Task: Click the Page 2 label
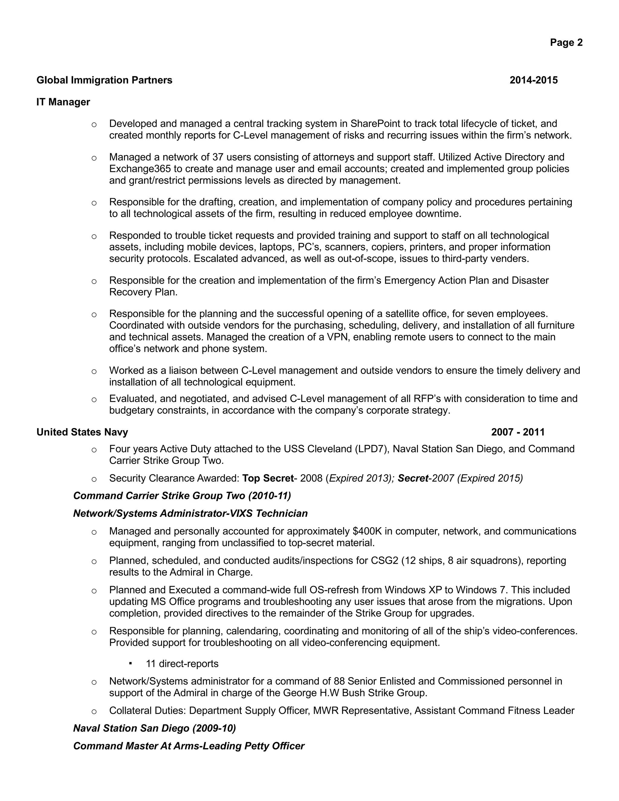pyautogui.click(x=566, y=43)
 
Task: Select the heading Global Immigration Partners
pyautogui.click(x=104, y=80)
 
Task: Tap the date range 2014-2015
pyautogui.click(x=533, y=80)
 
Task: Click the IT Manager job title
pyautogui.click(x=63, y=102)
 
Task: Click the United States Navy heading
pyautogui.click(x=82, y=432)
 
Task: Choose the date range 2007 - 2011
pyautogui.click(x=517, y=432)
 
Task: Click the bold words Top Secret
pyautogui.click(x=268, y=478)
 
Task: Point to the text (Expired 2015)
pyautogui.click(x=490, y=478)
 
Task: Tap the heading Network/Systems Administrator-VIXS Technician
pyautogui.click(x=190, y=514)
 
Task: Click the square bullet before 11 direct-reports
pyautogui.click(x=130, y=663)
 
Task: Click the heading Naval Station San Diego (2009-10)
pyautogui.click(x=154, y=728)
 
